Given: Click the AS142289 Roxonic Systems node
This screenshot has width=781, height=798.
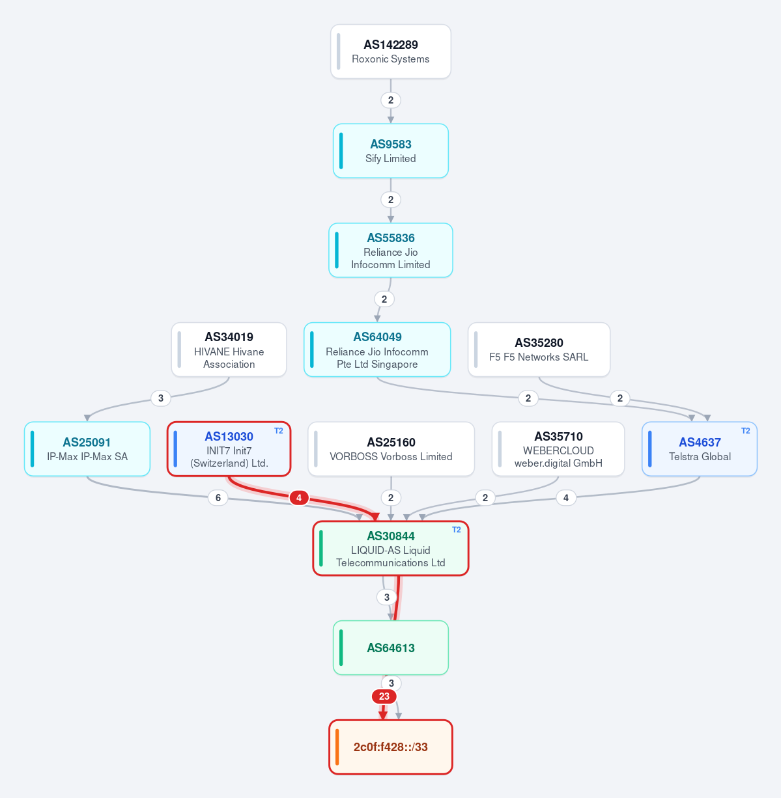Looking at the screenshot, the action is point(390,51).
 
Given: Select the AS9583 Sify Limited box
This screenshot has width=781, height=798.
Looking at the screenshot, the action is point(390,151).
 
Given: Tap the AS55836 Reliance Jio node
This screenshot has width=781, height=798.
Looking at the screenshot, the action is point(390,250).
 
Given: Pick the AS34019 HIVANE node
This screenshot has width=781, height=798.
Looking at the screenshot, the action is point(229,350).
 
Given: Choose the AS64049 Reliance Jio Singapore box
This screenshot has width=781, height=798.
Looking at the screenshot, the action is point(376,350).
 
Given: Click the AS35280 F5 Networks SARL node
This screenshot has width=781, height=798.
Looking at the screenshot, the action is point(539,350).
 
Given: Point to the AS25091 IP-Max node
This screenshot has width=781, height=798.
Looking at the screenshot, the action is point(87,449).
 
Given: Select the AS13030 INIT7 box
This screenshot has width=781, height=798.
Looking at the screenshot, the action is point(229,449).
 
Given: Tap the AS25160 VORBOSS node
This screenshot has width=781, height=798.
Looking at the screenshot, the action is point(391,449).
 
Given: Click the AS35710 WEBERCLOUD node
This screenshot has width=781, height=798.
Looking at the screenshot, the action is point(558,449).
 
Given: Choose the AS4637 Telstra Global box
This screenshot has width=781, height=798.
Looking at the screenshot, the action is point(700,449).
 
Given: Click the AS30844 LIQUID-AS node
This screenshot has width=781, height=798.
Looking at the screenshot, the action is point(390,548).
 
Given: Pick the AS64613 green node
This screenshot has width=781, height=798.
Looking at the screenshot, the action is point(390,648).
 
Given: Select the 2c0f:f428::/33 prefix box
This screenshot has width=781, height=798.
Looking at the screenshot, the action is point(390,747).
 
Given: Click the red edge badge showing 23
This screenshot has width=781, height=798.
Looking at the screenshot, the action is point(384,696).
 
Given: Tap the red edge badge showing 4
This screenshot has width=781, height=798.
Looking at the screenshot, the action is point(299,498).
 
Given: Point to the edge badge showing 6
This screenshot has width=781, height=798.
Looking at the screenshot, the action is point(218,498).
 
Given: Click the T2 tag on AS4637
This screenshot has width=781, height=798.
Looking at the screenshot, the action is point(745,431).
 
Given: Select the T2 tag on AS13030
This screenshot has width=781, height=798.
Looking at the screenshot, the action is point(279,431).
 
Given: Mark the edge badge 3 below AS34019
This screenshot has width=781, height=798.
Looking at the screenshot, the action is point(160,398).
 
